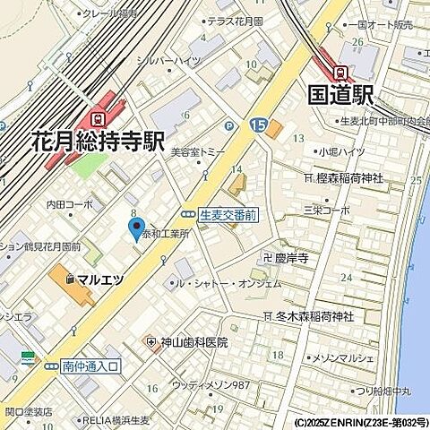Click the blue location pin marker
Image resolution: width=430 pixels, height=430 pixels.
pyautogui.click(x=136, y=231)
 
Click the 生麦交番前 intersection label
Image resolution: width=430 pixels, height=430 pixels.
pyautogui.click(x=228, y=215)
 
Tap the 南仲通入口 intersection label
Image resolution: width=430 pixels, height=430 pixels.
pyautogui.click(x=90, y=365)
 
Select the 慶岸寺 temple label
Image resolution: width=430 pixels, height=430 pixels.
pyautogui.click(x=290, y=258)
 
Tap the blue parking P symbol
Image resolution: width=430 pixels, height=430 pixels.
pyautogui.click(x=229, y=126)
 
